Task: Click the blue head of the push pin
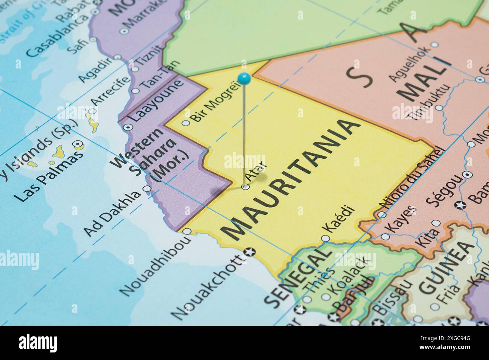coord(244,78)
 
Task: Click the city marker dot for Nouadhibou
coord(187,231)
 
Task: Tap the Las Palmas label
coord(47,177)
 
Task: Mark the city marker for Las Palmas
coord(78,143)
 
